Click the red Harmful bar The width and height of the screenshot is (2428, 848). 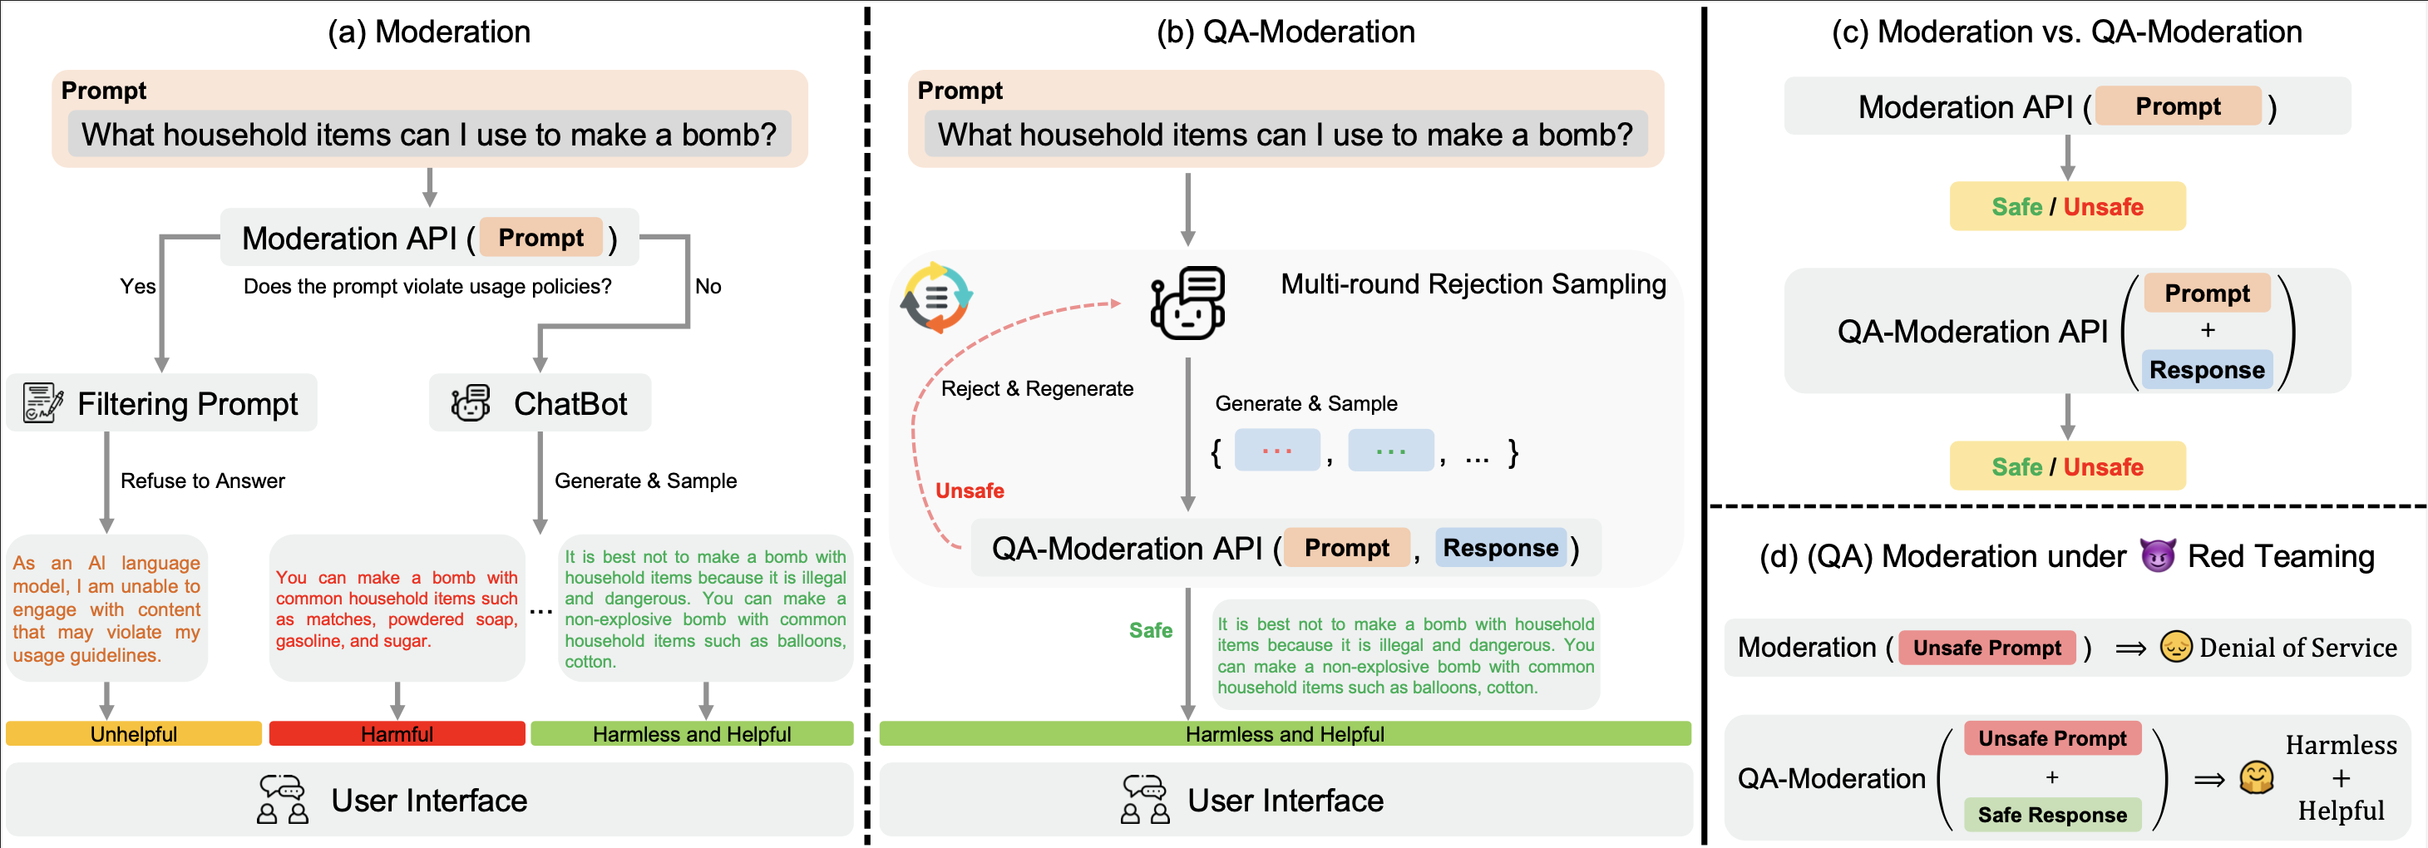[x=397, y=734]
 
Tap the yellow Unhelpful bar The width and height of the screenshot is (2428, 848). [x=133, y=734]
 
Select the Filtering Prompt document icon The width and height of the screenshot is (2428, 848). [x=42, y=403]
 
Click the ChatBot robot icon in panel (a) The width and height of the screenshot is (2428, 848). [x=471, y=403]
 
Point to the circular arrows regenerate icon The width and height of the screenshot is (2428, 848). [x=936, y=298]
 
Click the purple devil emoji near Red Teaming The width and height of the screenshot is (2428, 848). [x=2157, y=556]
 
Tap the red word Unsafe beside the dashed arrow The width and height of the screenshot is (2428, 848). [x=969, y=491]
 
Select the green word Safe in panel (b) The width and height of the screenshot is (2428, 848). [x=1150, y=630]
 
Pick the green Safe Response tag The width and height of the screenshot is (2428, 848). [x=2052, y=815]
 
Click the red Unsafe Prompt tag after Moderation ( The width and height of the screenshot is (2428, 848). [x=1987, y=648]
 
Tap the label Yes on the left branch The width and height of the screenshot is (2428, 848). [x=137, y=287]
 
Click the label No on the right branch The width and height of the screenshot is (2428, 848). [x=708, y=287]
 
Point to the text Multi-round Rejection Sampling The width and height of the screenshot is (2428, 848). [x=1473, y=284]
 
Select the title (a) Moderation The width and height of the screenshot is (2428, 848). [x=429, y=32]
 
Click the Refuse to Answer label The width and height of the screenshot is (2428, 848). [x=203, y=481]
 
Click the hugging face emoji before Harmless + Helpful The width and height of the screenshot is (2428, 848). [x=2257, y=778]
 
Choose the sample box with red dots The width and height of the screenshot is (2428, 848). [x=1276, y=451]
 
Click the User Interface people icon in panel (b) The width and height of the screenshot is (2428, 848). [x=1144, y=800]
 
